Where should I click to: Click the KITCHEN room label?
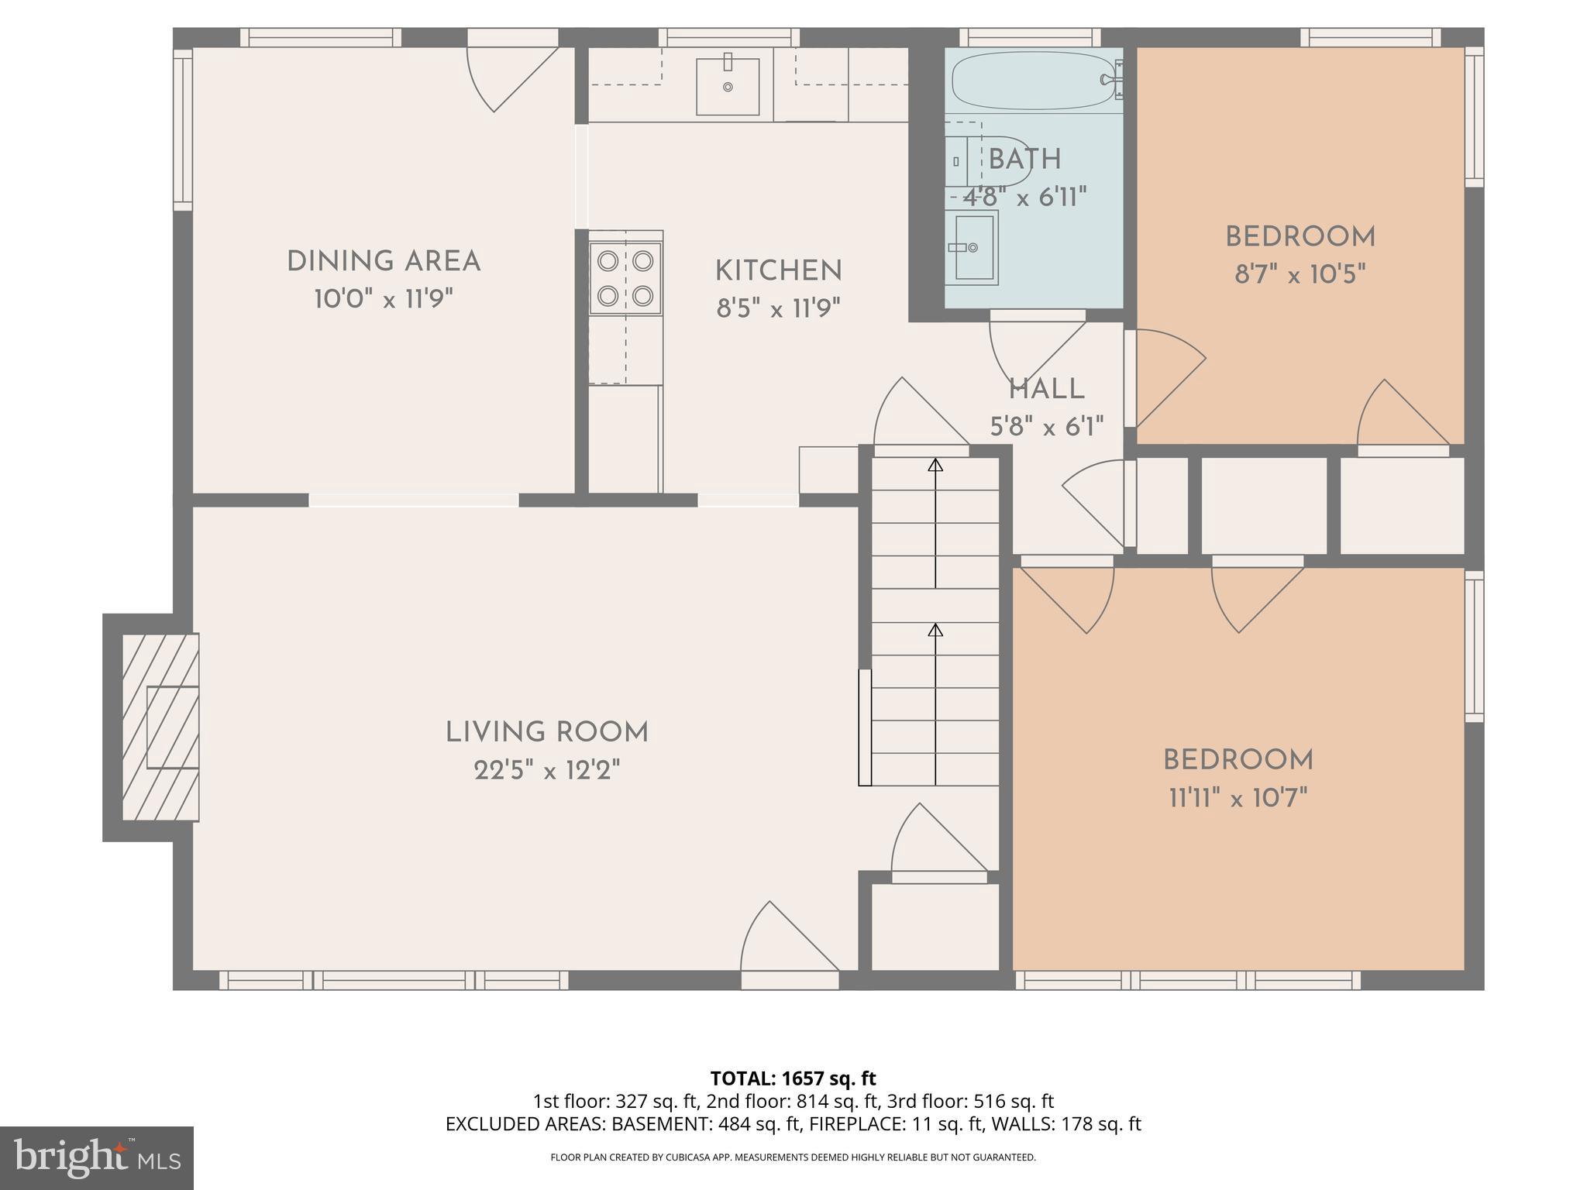click(x=778, y=271)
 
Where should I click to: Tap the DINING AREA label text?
click(x=384, y=262)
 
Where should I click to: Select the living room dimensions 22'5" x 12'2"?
click(x=547, y=771)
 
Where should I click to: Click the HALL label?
click(x=1046, y=390)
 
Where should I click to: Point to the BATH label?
click(x=1024, y=160)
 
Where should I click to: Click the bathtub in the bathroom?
click(x=1031, y=81)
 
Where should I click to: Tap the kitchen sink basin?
click(x=727, y=86)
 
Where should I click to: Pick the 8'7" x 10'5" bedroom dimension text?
click(x=1300, y=274)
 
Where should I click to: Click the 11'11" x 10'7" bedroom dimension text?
click(x=1238, y=797)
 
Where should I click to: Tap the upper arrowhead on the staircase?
click(x=935, y=465)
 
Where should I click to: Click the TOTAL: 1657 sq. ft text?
click(x=793, y=1078)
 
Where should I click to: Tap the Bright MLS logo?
click(x=96, y=1158)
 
